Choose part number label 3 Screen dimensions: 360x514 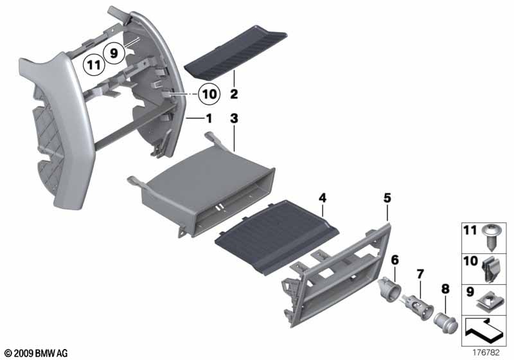235,120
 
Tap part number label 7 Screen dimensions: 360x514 420,275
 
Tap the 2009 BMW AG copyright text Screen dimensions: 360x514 35,353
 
